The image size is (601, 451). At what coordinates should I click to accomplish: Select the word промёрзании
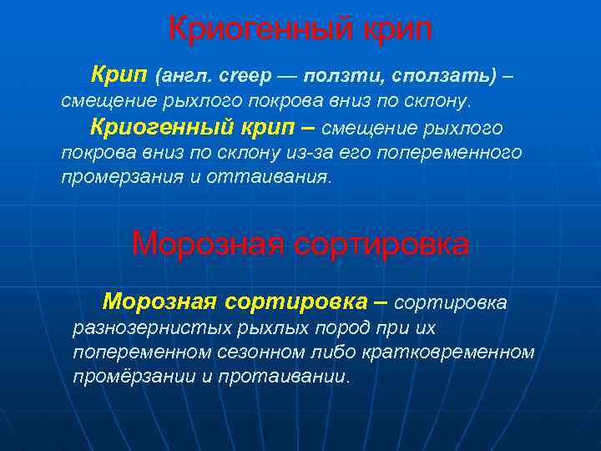tap(134, 376)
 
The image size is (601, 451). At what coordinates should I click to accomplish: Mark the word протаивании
tap(285, 376)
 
